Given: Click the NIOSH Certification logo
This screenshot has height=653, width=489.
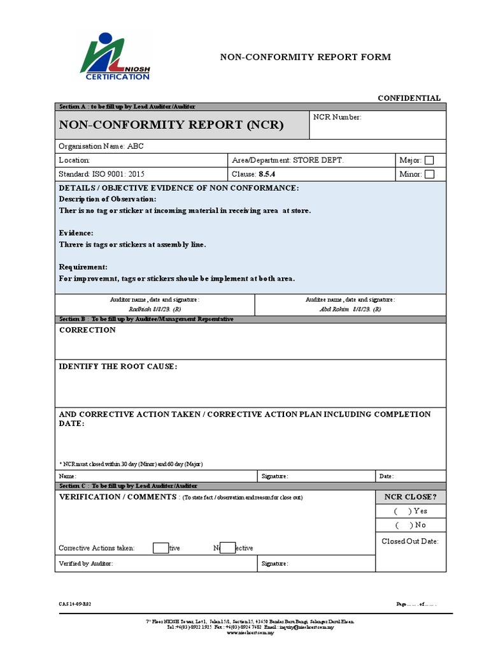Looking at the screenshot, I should click(x=115, y=57).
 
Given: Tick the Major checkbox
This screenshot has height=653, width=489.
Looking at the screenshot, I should click(x=429, y=161).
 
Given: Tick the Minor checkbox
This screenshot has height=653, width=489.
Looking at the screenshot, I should click(x=429, y=174).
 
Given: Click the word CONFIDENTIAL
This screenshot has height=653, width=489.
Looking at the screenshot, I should click(x=409, y=98).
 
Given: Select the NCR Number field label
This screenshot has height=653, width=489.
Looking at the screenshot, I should click(x=337, y=117).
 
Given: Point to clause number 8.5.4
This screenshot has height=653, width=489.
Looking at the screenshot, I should click(x=266, y=174).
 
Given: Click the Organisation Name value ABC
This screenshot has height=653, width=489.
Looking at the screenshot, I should click(x=136, y=146).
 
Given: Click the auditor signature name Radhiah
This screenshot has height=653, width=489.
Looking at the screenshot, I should click(x=141, y=309).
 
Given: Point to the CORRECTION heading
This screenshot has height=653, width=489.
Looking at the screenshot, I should click(x=87, y=330).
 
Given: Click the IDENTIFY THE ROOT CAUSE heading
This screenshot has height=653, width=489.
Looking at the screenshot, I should click(x=118, y=367).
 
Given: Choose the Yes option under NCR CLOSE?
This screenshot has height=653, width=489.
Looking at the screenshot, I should click(x=411, y=511).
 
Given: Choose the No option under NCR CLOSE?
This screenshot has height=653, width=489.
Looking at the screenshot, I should click(x=411, y=525).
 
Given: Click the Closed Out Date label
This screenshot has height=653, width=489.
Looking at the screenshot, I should click(x=410, y=541).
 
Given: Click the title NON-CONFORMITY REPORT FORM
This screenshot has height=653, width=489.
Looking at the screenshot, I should click(x=306, y=57).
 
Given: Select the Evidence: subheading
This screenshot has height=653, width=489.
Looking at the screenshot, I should click(x=76, y=233).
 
